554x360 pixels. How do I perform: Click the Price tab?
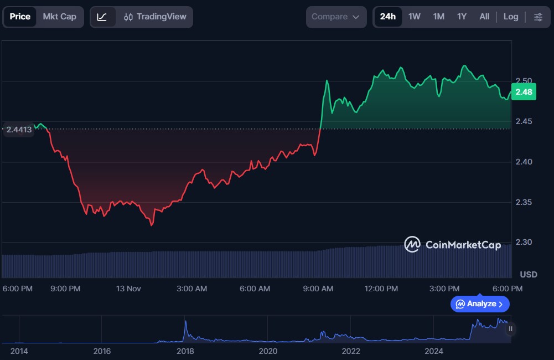pyautogui.click(x=20, y=17)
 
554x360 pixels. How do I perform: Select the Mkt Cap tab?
pyautogui.click(x=59, y=17)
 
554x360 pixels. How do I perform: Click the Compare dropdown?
pyautogui.click(x=336, y=17)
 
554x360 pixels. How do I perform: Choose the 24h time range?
pyautogui.click(x=388, y=17)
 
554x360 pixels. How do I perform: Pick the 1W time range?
pyautogui.click(x=415, y=17)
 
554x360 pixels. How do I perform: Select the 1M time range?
pyautogui.click(x=439, y=17)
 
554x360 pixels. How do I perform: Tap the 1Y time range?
pyautogui.click(x=462, y=17)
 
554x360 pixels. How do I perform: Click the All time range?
pyautogui.click(x=484, y=17)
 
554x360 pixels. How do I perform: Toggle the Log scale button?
pyautogui.click(x=511, y=17)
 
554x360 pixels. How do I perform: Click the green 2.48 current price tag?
pyautogui.click(x=524, y=92)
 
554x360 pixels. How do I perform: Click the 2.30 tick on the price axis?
pyautogui.click(x=523, y=243)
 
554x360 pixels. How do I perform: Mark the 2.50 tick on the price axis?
pyautogui.click(x=523, y=81)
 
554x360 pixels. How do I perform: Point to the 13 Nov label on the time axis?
pyautogui.click(x=127, y=289)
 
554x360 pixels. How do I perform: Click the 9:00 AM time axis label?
pyautogui.click(x=319, y=289)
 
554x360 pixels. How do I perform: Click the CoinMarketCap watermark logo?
pyautogui.click(x=412, y=244)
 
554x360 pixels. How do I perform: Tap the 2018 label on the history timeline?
pyautogui.click(x=185, y=351)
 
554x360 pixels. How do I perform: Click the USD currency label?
pyautogui.click(x=529, y=275)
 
